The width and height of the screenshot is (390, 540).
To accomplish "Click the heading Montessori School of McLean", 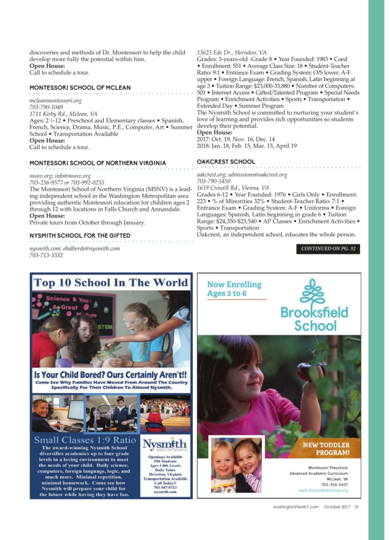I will pos(80,88).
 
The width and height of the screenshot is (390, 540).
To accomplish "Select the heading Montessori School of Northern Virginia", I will pos(98,163).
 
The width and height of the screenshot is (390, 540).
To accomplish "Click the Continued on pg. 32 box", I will pos(328,249).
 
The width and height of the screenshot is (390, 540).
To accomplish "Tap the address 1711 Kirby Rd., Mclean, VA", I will pos(63,113).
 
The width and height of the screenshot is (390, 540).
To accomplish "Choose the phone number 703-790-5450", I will pos(214,181).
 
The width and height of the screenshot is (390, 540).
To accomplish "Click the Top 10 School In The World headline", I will pos(110,283).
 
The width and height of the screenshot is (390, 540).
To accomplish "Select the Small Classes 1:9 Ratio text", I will pos(85,440).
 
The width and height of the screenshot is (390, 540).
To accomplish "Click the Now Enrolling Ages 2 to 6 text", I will pos(234,289).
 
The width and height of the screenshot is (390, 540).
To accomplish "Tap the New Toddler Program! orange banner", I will pos(327,449).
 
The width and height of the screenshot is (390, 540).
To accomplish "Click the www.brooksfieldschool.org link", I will pos(323,491).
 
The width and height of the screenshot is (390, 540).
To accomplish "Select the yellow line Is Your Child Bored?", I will pos(110,375).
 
